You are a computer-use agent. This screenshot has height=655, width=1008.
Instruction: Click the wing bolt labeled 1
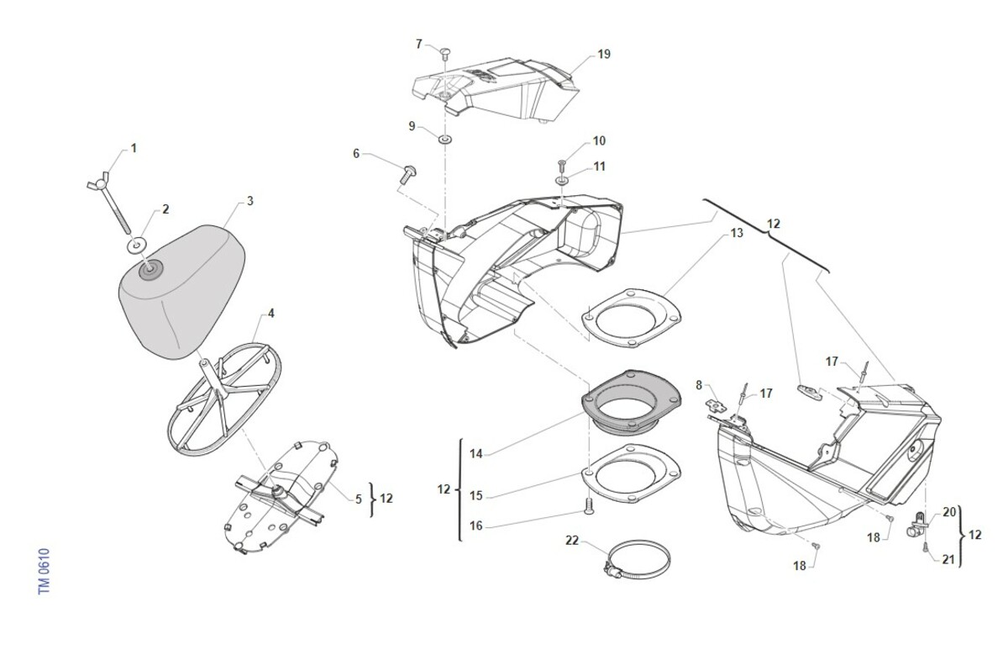(110, 200)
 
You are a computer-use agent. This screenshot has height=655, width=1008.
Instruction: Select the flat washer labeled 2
(137, 244)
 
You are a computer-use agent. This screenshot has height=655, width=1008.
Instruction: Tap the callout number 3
(250, 201)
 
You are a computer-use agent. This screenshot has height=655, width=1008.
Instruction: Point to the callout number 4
(270, 313)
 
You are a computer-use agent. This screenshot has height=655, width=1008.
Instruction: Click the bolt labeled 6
(407, 174)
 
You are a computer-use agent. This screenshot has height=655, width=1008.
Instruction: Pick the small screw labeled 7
(445, 53)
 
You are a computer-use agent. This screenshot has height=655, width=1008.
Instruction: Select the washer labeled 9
(445, 139)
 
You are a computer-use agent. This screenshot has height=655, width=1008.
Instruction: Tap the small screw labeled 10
(562, 166)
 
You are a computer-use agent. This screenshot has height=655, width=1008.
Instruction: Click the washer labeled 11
(562, 181)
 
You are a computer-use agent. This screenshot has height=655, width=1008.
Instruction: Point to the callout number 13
(737, 234)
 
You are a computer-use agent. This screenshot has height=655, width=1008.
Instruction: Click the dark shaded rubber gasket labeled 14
(631, 402)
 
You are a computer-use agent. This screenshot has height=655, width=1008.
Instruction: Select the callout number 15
(476, 495)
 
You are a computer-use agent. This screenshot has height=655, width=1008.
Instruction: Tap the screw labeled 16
(589, 506)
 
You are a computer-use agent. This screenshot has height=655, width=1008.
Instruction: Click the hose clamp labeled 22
(637, 560)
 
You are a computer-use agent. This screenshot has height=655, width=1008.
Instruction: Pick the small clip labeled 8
(716, 406)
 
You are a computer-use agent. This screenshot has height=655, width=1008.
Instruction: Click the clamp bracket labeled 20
(916, 525)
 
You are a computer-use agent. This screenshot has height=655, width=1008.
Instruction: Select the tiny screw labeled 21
(922, 547)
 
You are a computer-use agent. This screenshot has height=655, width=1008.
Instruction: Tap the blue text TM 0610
(44, 571)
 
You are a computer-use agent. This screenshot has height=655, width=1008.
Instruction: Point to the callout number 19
(604, 54)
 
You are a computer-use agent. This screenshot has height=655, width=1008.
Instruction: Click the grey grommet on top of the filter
(150, 270)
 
